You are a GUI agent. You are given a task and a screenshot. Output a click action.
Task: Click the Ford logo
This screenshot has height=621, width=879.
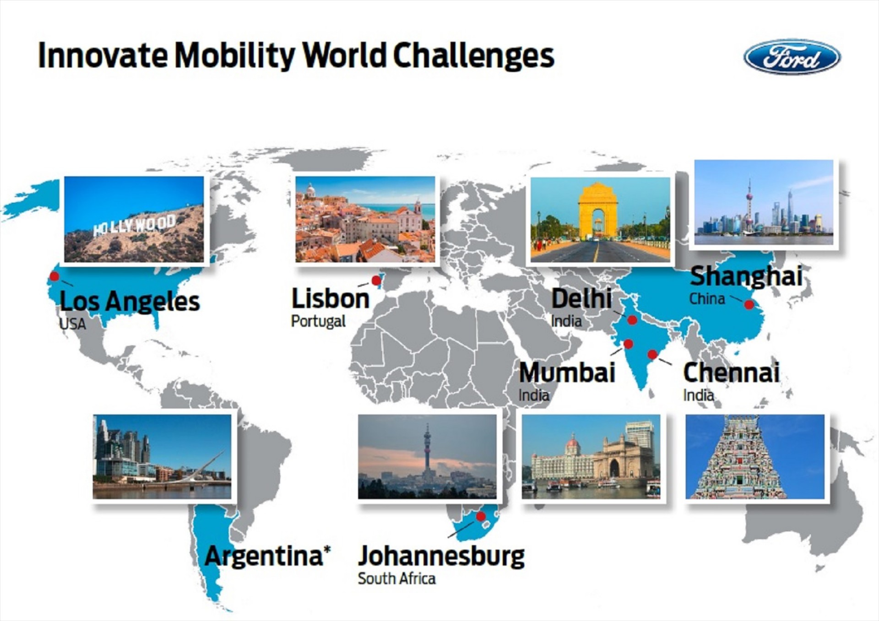tap(792, 57)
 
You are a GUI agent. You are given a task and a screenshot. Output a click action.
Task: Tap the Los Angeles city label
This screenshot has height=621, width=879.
tap(130, 301)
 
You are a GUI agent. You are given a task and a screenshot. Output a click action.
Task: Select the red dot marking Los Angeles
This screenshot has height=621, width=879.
tap(54, 276)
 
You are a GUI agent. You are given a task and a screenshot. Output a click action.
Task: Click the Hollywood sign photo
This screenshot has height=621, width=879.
tap(134, 219)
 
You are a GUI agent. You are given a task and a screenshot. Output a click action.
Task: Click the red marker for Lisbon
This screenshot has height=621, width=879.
tap(376, 280)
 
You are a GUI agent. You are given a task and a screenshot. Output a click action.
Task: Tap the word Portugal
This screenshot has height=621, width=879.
tap(318, 321)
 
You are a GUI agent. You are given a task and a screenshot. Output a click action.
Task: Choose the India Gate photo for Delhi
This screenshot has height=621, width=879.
tap(600, 220)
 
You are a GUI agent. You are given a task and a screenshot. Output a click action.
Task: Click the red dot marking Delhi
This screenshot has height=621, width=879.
tap(632, 320)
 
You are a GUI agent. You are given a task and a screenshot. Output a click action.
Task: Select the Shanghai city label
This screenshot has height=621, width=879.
tap(746, 276)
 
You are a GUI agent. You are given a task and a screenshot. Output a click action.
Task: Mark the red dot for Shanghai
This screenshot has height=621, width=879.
tap(749, 304)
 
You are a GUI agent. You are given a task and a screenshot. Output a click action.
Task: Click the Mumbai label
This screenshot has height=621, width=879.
tap(567, 372)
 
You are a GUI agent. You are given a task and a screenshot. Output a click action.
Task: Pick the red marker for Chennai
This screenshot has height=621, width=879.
tap(652, 354)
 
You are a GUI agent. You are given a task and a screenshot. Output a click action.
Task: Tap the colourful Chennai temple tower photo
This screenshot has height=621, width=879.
tap(755, 457)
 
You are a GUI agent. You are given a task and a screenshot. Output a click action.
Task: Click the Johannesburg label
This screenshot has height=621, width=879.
tap(441, 556)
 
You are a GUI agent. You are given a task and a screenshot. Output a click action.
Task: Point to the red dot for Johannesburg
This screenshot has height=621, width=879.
tap(481, 516)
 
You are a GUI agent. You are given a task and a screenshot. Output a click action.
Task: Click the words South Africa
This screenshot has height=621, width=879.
tap(396, 578)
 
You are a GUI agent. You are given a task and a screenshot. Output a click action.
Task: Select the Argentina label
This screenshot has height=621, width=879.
tap(267, 556)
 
